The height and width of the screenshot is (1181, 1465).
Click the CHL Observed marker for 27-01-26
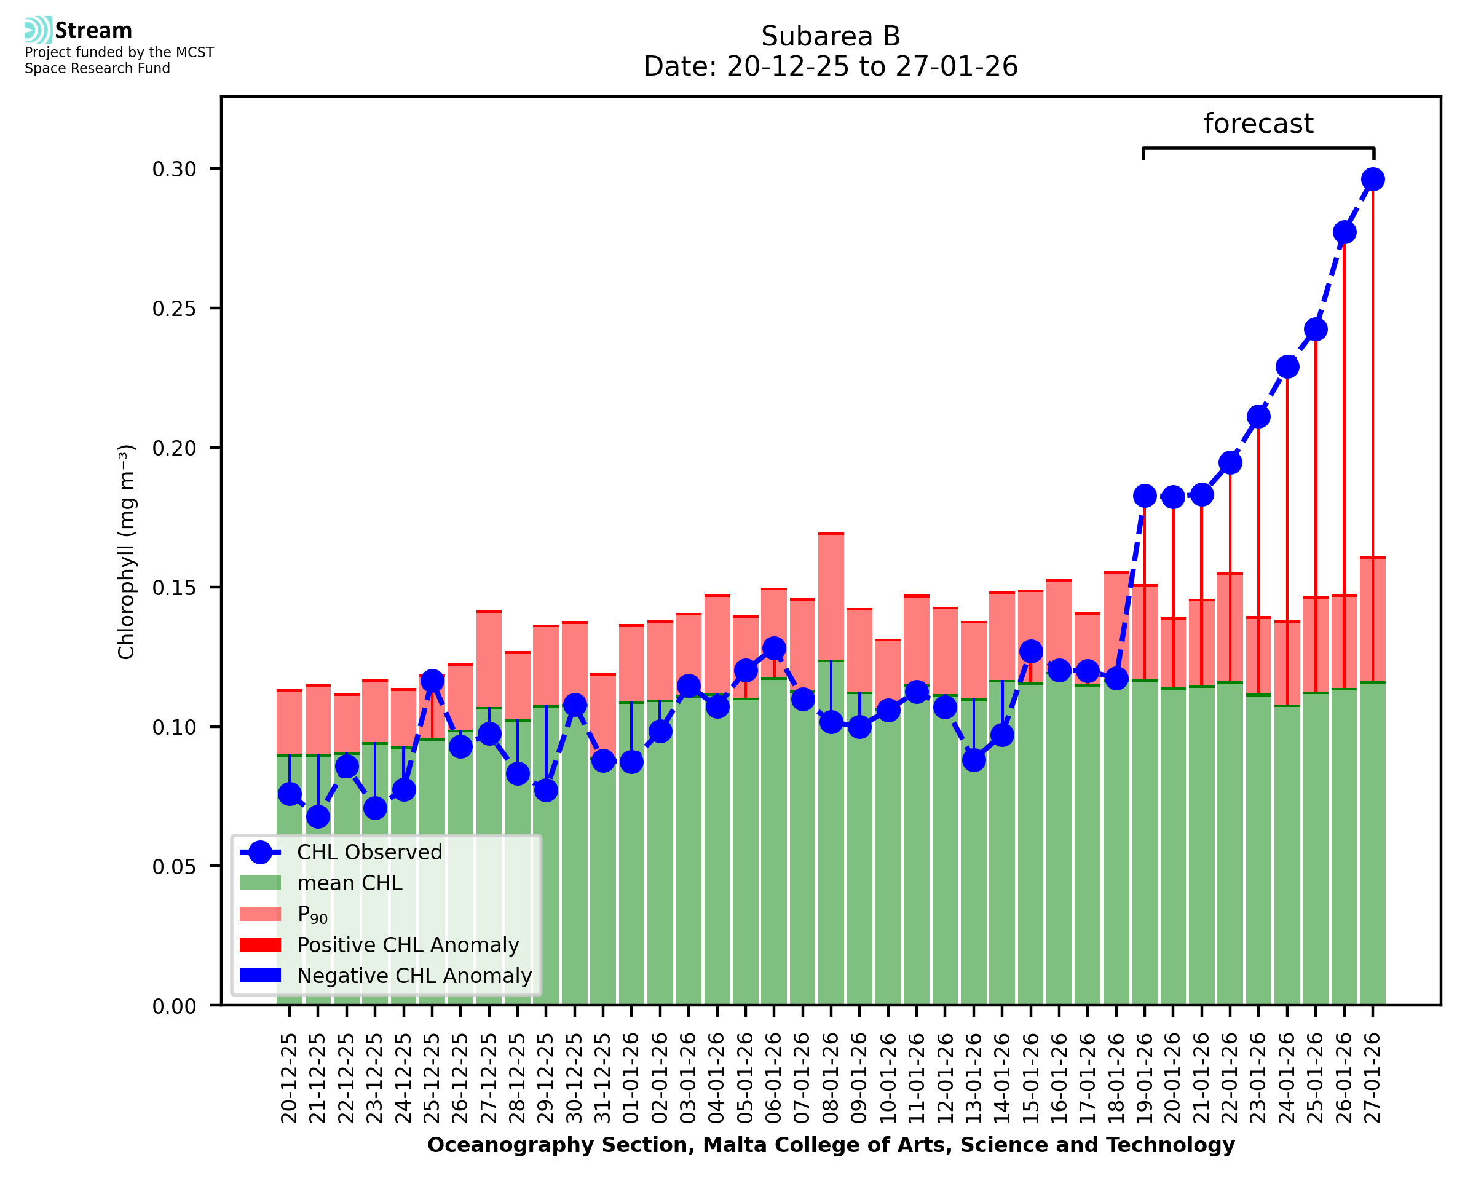tap(1373, 180)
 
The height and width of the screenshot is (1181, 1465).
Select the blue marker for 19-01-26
tap(1145, 496)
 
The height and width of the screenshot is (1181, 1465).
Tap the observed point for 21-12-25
tap(318, 816)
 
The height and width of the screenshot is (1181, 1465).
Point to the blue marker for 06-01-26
tap(774, 649)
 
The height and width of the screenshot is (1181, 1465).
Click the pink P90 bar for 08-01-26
tap(831, 598)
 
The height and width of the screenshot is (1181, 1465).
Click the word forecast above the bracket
tap(1258, 124)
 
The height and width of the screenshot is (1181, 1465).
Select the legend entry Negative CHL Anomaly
tap(414, 976)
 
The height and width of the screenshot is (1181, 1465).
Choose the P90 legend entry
tap(312, 914)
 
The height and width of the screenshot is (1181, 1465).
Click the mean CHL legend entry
tap(350, 883)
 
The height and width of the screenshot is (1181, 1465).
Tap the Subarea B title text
tap(831, 36)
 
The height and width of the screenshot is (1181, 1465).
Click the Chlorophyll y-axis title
tap(127, 551)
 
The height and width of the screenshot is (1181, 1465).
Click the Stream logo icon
tap(38, 30)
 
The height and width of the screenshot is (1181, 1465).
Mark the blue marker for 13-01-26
tap(974, 760)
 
